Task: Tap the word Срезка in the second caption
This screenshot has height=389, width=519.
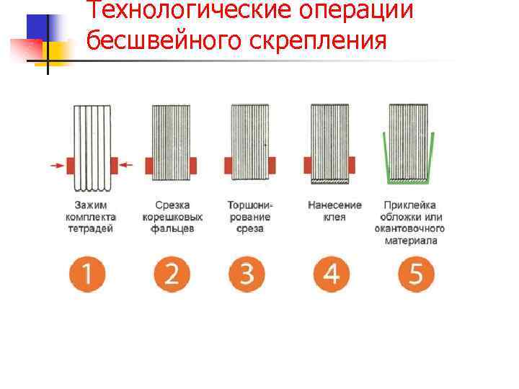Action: tap(172, 205)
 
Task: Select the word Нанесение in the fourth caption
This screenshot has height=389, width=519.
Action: tap(334, 205)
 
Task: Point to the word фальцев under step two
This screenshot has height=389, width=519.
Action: tap(172, 229)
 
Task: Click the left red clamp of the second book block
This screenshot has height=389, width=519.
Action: tap(149, 166)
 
